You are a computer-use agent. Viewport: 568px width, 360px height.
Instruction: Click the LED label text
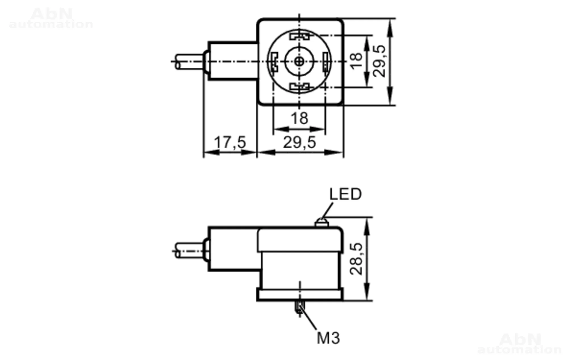click(x=345, y=194)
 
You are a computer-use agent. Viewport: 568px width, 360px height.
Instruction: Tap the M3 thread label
click(x=328, y=338)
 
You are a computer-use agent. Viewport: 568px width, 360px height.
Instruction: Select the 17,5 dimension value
click(x=230, y=142)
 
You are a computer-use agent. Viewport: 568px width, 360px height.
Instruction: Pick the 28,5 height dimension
click(x=356, y=259)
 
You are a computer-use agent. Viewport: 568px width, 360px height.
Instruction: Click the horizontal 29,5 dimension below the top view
click(x=299, y=142)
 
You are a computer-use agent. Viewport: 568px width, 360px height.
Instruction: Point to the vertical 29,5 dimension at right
click(x=379, y=61)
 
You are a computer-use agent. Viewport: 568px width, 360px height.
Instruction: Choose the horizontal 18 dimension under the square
click(x=299, y=118)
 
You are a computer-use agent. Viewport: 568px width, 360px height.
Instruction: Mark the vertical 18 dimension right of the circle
click(x=356, y=61)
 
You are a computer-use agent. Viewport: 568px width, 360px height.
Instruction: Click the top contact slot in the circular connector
click(x=300, y=36)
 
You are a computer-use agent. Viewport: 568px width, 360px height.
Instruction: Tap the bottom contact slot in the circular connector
click(x=300, y=86)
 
